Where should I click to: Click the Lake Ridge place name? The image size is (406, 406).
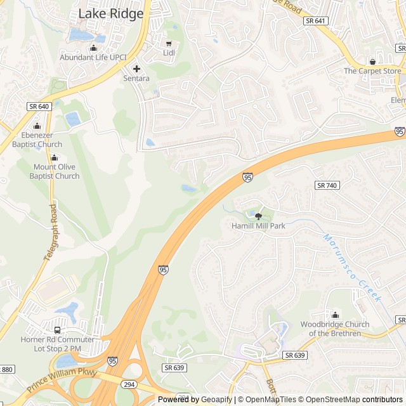click(110, 14)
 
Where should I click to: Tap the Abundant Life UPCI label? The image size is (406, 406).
click(93, 57)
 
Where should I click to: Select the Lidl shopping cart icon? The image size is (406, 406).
click(169, 43)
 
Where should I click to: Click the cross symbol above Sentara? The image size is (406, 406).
click(136, 69)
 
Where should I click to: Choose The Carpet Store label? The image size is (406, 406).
click(372, 71)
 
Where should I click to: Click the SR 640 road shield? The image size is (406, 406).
click(38, 107)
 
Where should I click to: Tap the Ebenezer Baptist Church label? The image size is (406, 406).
click(37, 140)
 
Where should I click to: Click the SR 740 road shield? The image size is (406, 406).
click(327, 185)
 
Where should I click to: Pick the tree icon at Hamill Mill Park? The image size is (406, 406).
click(258, 216)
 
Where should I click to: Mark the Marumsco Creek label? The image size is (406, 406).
click(352, 268)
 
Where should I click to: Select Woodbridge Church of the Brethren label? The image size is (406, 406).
click(334, 329)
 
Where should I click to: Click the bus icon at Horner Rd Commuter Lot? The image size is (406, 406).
click(58, 330)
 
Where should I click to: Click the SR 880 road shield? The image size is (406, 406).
click(6, 369)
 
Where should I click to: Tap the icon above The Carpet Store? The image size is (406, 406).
click(372, 62)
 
